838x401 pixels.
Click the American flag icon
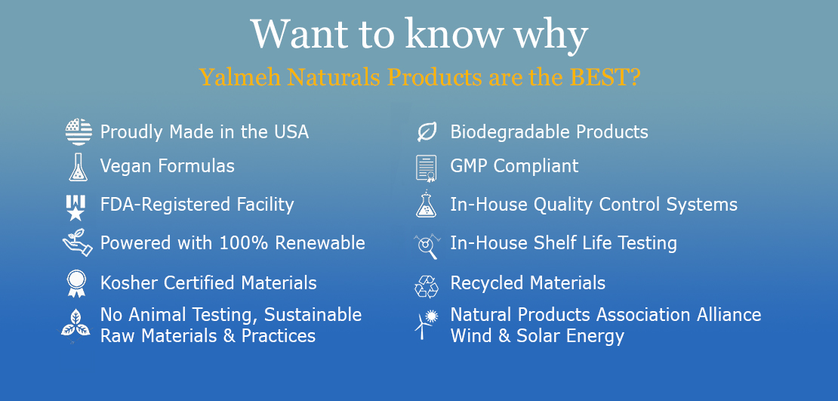(79, 131)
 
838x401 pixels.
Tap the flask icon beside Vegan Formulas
(78, 167)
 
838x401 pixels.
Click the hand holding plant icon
(78, 242)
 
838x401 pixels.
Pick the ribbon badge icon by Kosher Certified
(76, 283)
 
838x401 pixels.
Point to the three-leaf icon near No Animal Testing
(75, 322)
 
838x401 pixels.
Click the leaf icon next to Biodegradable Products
(427, 131)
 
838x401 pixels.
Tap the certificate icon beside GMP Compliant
(426, 168)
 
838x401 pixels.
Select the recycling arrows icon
(427, 286)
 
